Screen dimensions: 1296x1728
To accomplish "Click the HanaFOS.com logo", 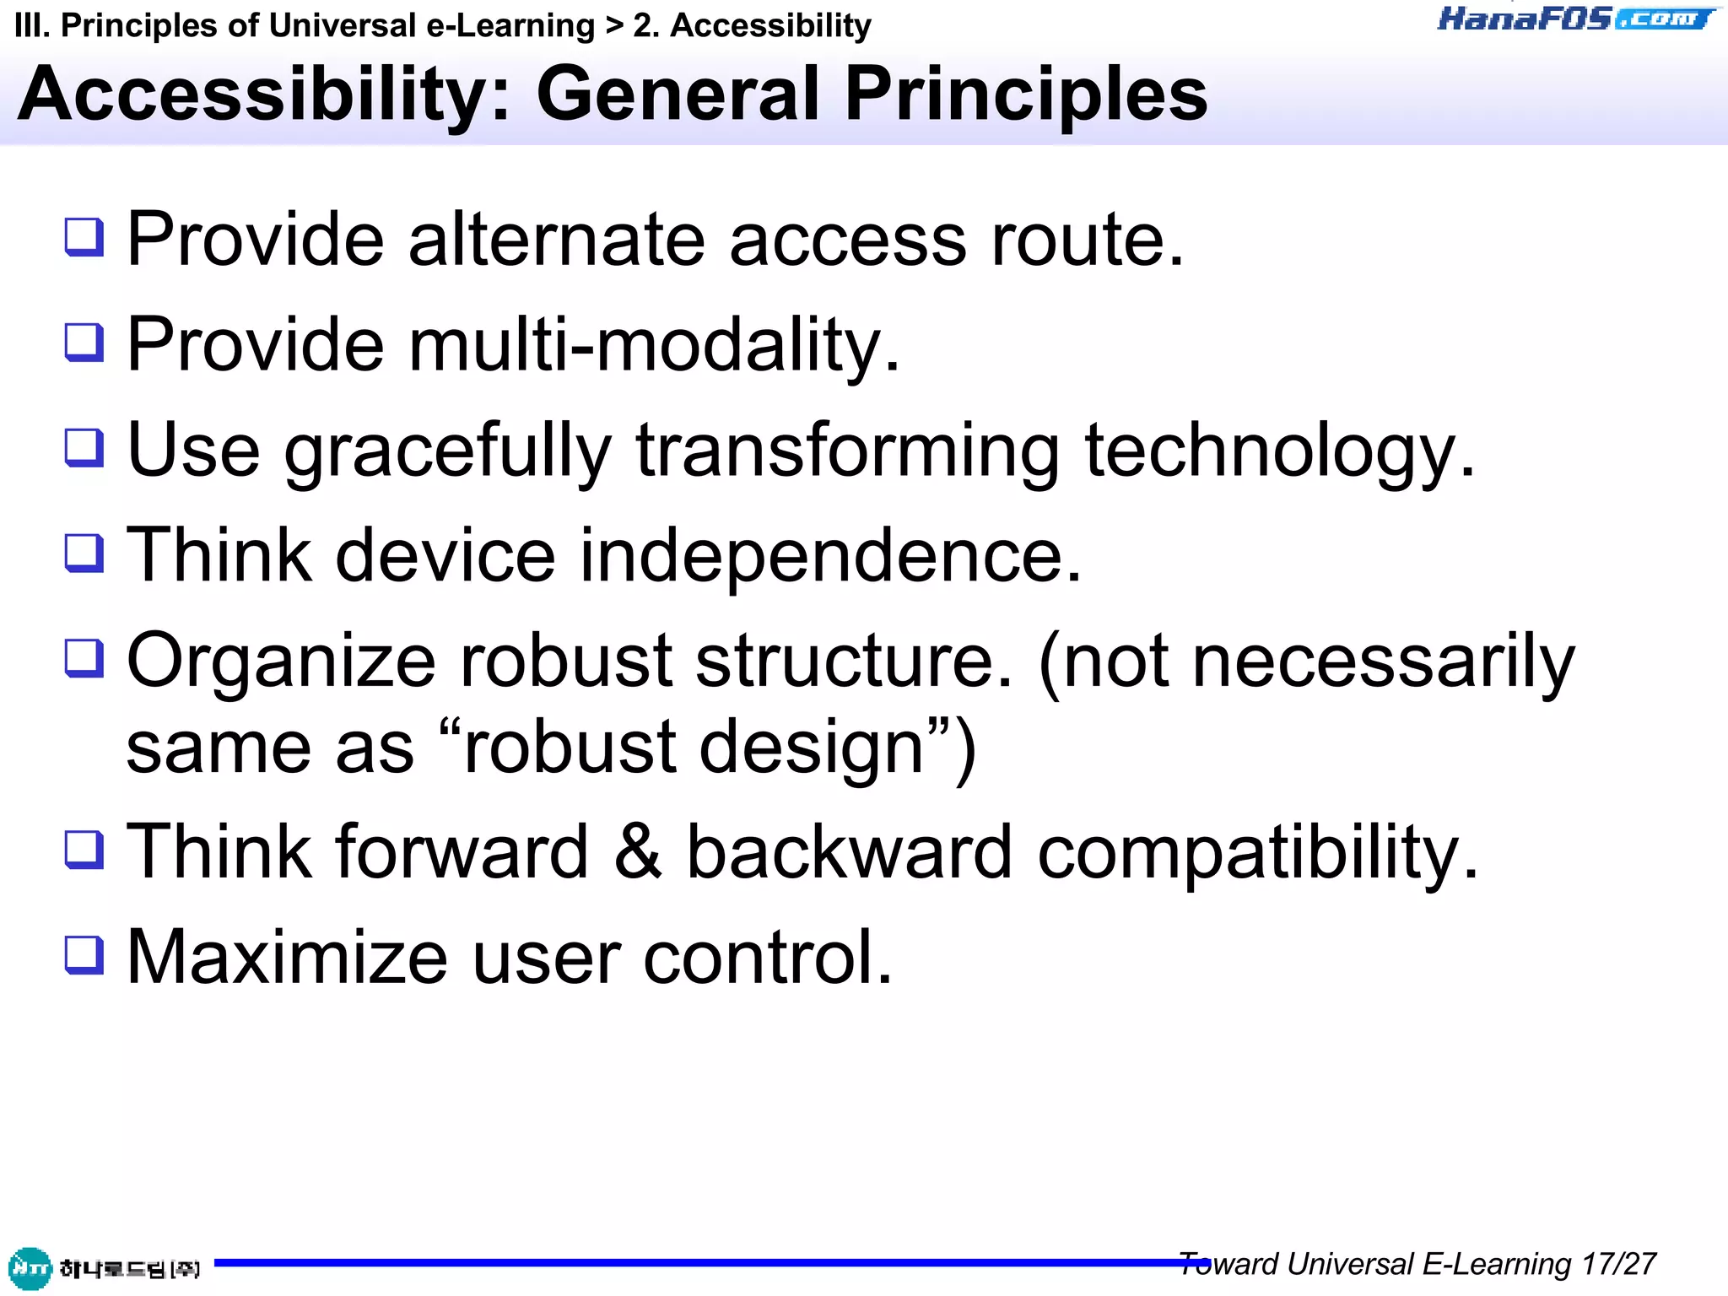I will pos(1576,19).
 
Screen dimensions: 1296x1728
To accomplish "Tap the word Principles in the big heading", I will pos(1026,94).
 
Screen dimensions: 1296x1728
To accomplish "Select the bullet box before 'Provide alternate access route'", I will pos(84,237).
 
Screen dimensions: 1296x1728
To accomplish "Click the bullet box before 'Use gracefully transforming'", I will pos(84,448).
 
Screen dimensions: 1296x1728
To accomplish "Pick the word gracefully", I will pos(447,451).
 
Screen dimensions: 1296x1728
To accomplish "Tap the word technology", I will pos(1279,451).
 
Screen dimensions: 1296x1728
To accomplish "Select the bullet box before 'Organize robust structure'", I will pos(84,658).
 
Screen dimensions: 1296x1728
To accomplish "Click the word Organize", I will pos(281,661).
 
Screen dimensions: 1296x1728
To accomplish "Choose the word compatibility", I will pos(1257,853).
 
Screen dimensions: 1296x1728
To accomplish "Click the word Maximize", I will pos(287,958).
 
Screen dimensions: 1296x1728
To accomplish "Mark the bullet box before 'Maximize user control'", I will pos(84,955).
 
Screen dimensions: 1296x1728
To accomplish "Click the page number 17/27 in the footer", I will pos(1618,1264).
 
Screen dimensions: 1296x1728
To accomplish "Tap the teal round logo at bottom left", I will pos(30,1268).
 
